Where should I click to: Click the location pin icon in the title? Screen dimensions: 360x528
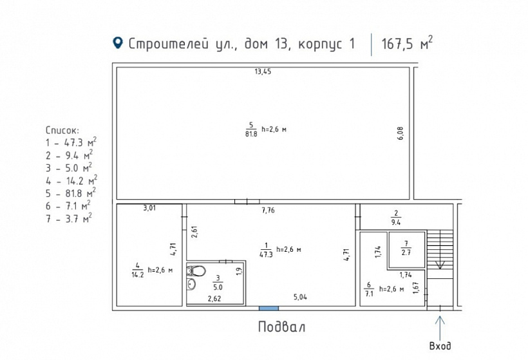[117, 43]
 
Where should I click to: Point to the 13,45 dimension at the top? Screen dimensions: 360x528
[263, 72]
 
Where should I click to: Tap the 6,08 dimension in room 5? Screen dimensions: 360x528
[400, 133]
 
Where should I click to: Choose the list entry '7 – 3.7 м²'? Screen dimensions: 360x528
[68, 217]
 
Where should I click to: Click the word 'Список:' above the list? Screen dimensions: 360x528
[62, 129]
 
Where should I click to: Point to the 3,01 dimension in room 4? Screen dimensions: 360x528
[149, 207]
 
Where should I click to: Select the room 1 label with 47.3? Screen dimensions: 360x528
[265, 249]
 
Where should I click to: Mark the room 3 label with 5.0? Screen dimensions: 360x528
[217, 284]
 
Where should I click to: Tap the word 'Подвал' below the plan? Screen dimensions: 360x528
[281, 327]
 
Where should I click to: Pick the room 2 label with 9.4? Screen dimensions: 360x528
[395, 218]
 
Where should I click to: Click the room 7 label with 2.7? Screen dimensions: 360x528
[406, 247]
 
